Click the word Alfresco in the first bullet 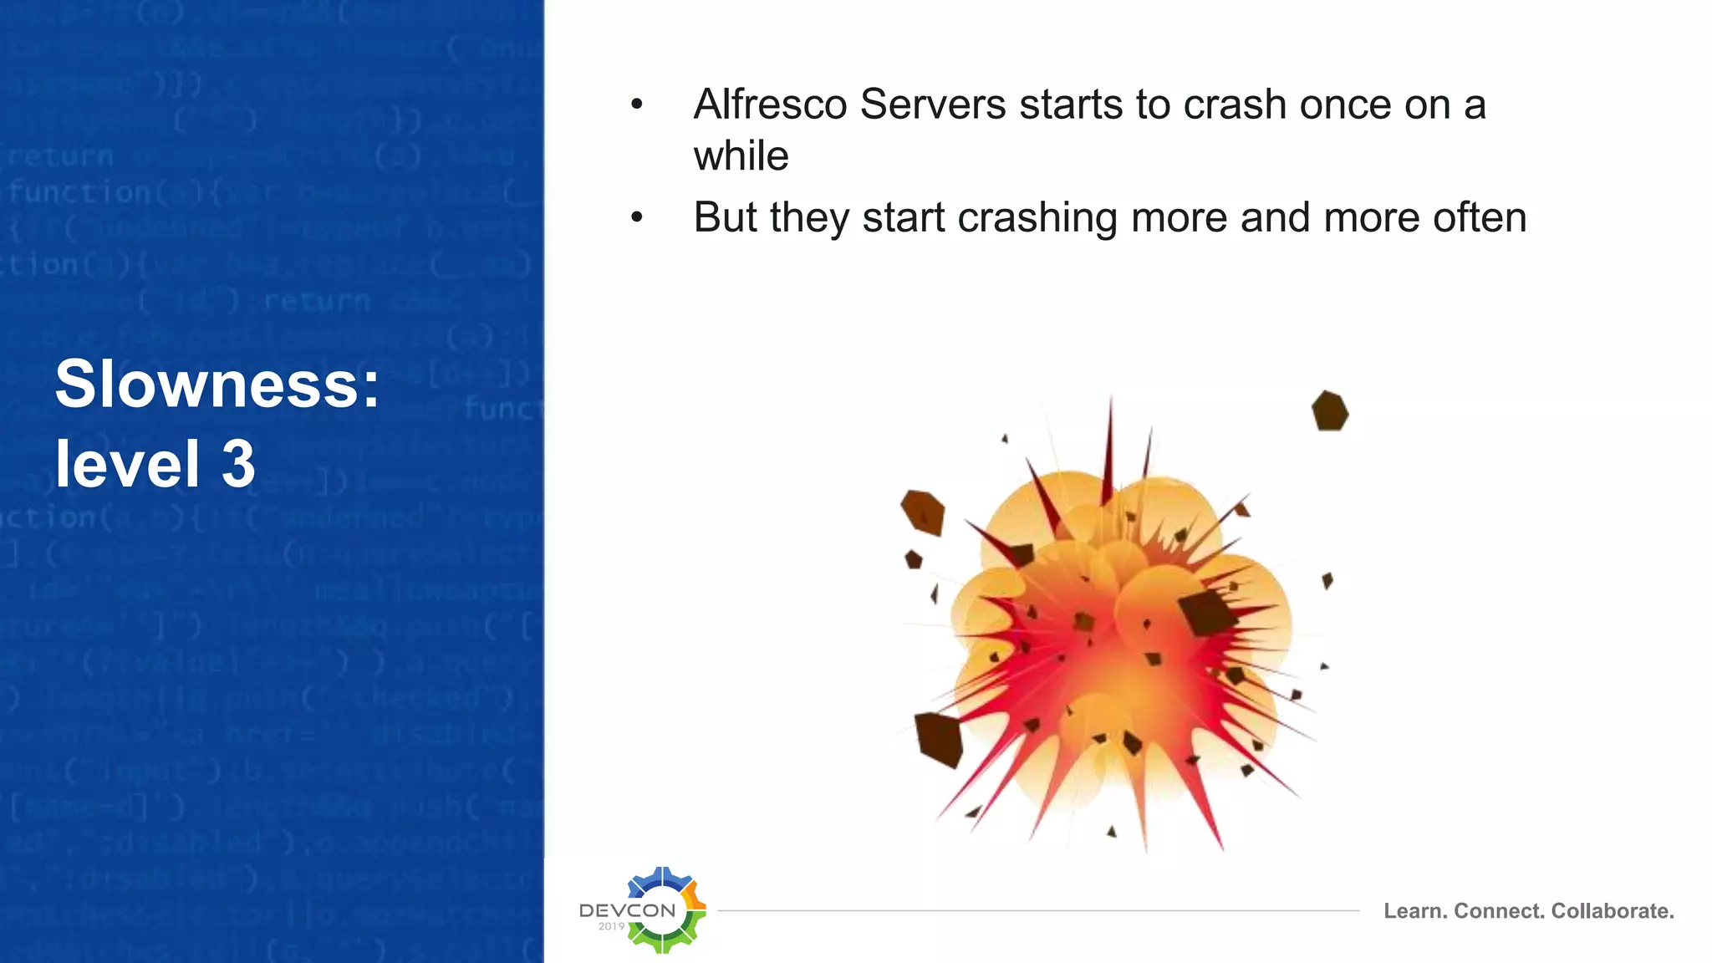point(769,105)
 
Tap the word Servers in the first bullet point(932,105)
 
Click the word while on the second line point(741,156)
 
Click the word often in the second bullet point(1479,217)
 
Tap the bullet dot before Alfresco point(637,105)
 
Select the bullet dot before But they point(637,218)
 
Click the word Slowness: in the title point(217,384)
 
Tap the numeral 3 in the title point(237,464)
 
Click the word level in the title point(127,464)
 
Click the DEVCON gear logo point(665,910)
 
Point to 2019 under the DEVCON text point(611,926)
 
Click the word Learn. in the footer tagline point(1414,911)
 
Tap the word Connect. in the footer point(1500,911)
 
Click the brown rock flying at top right point(1329,411)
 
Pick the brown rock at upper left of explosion point(923,512)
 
